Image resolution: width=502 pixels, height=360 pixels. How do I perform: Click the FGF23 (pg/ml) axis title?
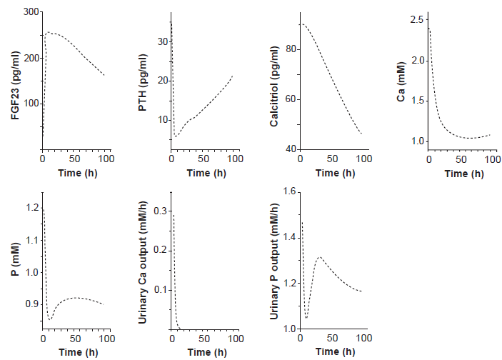(16, 85)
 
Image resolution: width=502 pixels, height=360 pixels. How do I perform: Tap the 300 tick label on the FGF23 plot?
(31, 12)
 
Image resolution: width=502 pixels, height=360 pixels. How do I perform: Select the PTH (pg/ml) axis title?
(143, 82)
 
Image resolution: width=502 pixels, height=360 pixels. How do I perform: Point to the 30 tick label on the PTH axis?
(163, 41)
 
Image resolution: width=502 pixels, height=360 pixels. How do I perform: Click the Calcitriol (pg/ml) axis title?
(274, 86)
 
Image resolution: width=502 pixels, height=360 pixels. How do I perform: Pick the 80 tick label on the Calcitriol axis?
(291, 49)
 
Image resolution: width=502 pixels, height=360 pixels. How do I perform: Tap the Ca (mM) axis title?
(401, 81)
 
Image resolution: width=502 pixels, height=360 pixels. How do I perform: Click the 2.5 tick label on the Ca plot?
(416, 19)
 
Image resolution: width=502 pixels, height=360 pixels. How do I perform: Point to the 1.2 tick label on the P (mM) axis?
(32, 208)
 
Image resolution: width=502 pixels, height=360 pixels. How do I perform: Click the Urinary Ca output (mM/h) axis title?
(143, 262)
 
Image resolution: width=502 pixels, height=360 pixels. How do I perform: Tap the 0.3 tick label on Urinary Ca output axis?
(161, 211)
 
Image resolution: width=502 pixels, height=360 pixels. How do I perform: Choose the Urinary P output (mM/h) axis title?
(274, 261)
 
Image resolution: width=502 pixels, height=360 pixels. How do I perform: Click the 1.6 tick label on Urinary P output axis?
(290, 191)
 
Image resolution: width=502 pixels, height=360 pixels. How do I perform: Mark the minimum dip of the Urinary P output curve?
(306, 318)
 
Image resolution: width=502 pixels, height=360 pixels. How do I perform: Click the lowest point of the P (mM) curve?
(50, 319)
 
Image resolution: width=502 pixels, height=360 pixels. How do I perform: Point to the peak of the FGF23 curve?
(48, 32)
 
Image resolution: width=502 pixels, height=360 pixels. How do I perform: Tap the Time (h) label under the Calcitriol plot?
(335, 174)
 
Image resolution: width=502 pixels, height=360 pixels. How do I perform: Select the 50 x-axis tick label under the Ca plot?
(461, 159)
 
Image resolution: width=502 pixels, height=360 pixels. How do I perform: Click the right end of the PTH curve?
(232, 76)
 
